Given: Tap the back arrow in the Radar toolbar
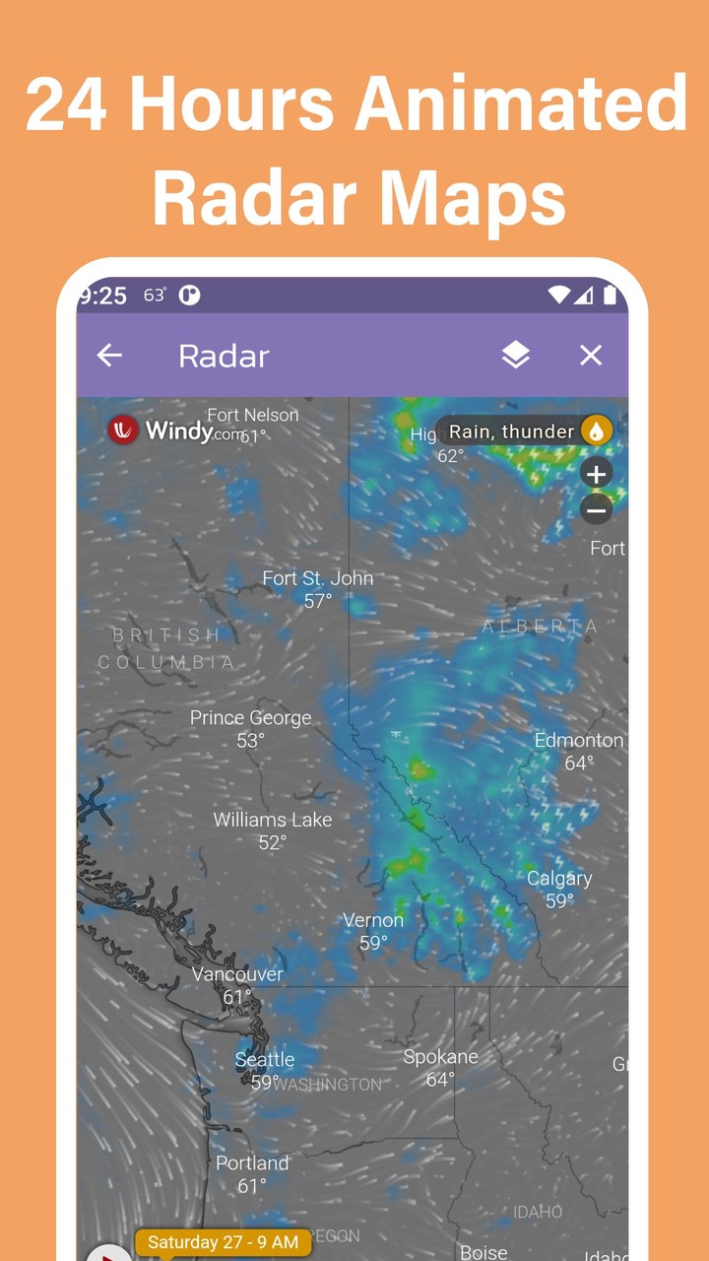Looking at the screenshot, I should [x=109, y=356].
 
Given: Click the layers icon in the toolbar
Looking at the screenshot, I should [x=516, y=356].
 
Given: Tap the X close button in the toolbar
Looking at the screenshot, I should [x=591, y=356].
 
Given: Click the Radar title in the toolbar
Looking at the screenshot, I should [x=224, y=357].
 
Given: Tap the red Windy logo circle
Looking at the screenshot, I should [x=123, y=431].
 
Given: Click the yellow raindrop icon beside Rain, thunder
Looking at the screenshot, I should [x=596, y=431].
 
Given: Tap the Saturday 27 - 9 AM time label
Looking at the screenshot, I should [x=223, y=1242].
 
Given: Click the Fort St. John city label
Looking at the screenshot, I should [x=318, y=578].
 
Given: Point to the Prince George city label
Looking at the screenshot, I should [x=250, y=718].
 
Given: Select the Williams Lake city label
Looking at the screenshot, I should [x=273, y=820].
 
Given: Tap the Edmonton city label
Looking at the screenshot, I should [x=579, y=741].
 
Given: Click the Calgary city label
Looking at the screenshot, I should [x=559, y=879].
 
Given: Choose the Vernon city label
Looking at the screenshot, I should [x=373, y=921].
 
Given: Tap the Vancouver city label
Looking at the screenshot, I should [x=237, y=974].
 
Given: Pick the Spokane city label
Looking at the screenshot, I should [x=440, y=1057].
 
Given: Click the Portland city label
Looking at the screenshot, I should [x=252, y=1163].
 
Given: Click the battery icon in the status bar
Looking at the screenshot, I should [x=610, y=295].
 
